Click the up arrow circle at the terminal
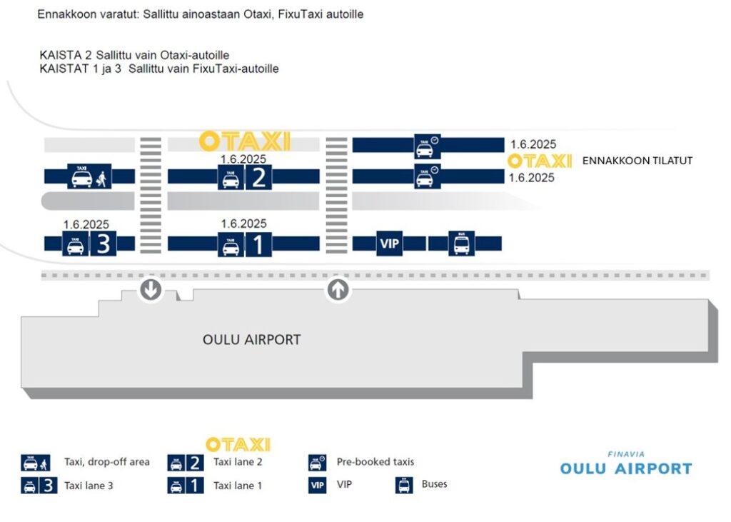(338, 289)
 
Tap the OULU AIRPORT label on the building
(252, 340)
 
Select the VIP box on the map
(390, 244)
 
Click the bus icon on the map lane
(461, 244)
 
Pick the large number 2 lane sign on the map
(259, 176)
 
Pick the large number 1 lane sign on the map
(259, 245)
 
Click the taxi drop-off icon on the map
(90, 176)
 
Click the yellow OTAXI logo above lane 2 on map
(245, 141)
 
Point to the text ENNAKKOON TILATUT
(637, 161)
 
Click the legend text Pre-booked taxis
(375, 462)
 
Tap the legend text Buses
(434, 484)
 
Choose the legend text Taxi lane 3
(89, 486)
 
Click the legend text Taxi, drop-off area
(107, 462)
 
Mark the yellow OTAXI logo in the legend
(238, 444)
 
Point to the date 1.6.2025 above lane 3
(86, 224)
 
